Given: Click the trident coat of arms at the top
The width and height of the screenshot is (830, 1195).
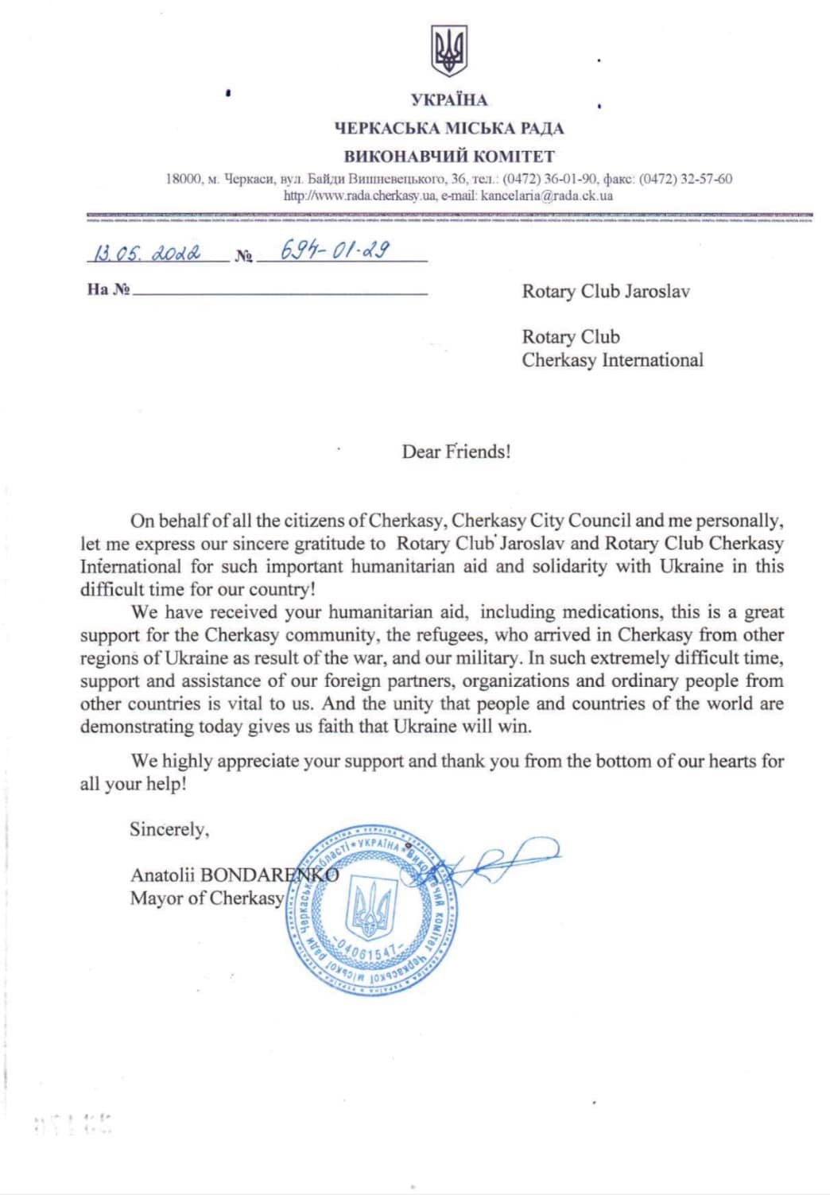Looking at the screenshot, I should pyautogui.click(x=449, y=51).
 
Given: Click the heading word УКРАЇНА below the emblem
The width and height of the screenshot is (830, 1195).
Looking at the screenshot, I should pyautogui.click(x=449, y=100).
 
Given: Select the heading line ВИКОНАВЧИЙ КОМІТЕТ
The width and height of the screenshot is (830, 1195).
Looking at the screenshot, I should pyautogui.click(x=449, y=156).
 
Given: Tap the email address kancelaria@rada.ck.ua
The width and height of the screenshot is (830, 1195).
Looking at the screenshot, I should pyautogui.click(x=547, y=195).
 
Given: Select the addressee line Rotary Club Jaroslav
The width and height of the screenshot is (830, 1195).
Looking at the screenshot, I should pyautogui.click(x=605, y=291).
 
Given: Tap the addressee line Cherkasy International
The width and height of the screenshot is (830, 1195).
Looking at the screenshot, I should pyautogui.click(x=612, y=360).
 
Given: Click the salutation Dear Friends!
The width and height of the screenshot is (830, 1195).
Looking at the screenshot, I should pyautogui.click(x=456, y=452).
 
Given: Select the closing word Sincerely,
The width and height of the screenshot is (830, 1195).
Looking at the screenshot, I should pyautogui.click(x=169, y=829).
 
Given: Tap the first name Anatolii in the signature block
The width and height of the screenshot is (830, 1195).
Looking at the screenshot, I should pyautogui.click(x=162, y=875).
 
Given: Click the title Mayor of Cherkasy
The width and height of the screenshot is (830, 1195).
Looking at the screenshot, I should pyautogui.click(x=207, y=898).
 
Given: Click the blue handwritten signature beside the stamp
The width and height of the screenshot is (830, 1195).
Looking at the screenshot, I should pyautogui.click(x=501, y=860).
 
